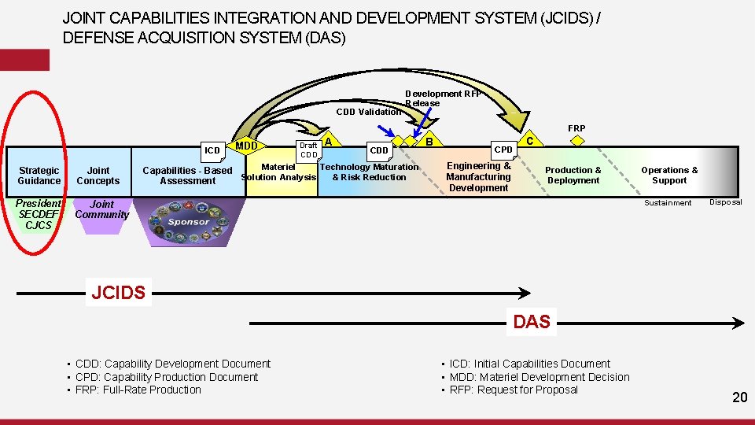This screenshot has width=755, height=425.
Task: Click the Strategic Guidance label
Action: (x=39, y=176)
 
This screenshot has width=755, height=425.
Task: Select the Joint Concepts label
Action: (x=98, y=176)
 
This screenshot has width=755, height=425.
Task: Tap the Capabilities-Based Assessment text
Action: (x=187, y=176)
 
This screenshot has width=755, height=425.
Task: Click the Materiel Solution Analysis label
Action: (x=278, y=172)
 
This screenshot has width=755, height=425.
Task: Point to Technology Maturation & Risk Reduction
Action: (x=369, y=172)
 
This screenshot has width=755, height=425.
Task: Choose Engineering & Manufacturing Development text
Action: (x=478, y=176)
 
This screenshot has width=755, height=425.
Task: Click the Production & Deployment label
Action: (x=573, y=175)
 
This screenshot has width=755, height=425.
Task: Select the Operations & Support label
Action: (x=669, y=175)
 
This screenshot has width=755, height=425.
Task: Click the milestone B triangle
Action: (x=429, y=141)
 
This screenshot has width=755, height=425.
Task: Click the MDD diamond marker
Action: (x=246, y=146)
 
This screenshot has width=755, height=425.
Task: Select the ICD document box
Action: (x=212, y=150)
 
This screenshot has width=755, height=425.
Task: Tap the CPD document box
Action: (x=503, y=149)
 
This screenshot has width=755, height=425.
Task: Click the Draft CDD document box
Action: (x=308, y=149)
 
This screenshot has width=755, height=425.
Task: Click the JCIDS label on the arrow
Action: (x=118, y=294)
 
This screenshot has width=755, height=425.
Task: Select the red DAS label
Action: (x=531, y=321)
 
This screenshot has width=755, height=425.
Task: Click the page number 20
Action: (x=739, y=397)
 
